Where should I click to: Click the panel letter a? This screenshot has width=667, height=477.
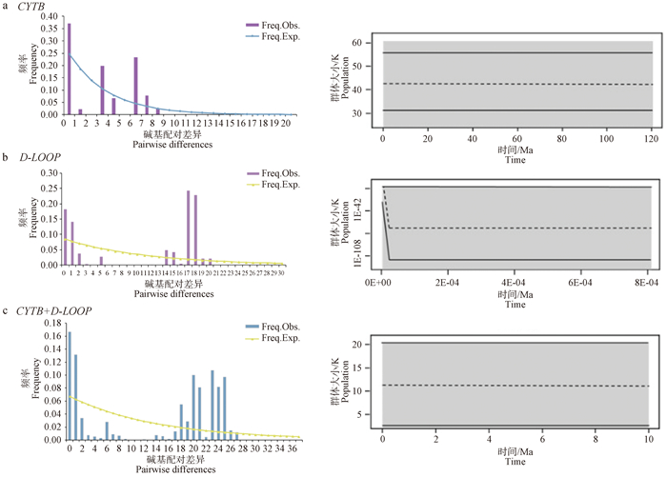coord(8,8)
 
